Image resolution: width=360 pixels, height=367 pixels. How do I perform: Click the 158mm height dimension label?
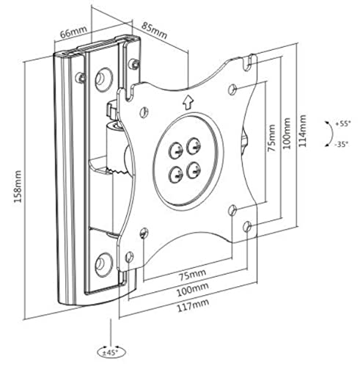coord(18,186)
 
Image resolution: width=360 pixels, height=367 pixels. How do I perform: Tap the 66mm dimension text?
coord(73,32)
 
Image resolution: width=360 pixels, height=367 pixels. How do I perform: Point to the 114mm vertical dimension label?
coord(302,131)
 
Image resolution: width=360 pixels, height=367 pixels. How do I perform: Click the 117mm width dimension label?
coord(193,305)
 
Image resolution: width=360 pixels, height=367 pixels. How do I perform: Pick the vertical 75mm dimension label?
coord(271,138)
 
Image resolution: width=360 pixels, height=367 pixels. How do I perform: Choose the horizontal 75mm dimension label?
coord(193,275)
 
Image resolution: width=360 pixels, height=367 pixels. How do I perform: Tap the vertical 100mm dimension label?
coord(287,134)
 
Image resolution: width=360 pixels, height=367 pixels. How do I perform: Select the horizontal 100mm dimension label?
coord(193,289)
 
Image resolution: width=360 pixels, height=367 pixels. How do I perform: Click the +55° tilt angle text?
coord(342,123)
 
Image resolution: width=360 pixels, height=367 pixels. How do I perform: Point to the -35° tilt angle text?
coord(342,145)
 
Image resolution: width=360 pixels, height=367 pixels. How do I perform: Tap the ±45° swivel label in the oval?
coord(111,352)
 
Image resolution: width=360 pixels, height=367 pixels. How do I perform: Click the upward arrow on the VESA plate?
coord(188,103)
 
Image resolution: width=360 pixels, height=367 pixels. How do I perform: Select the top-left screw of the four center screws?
coord(175,150)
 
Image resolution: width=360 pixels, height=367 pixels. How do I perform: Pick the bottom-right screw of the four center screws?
coord(194,170)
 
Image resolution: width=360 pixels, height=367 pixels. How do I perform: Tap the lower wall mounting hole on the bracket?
coord(104,265)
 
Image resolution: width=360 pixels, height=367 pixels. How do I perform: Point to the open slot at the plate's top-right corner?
coord(249,62)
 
